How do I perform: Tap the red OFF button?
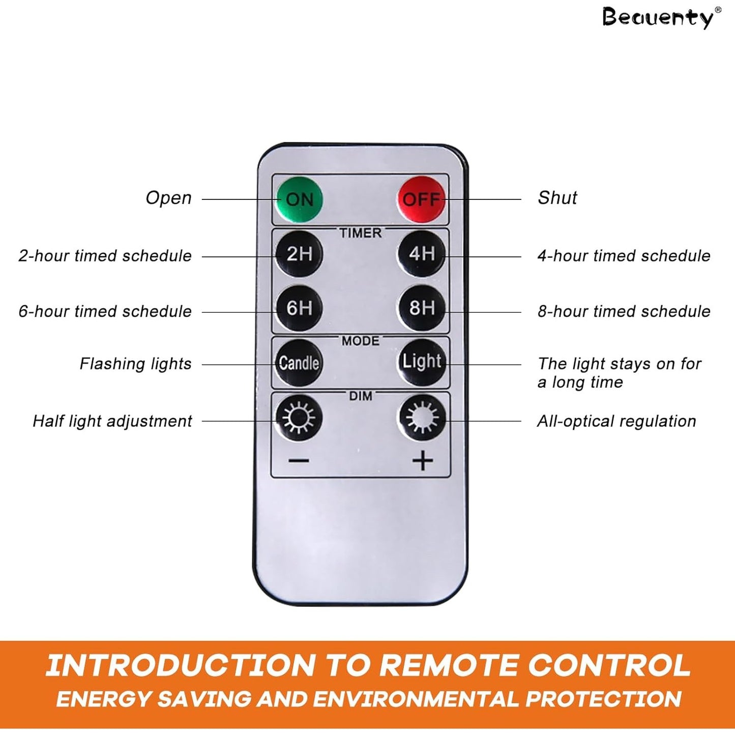422,199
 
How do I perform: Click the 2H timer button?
300,254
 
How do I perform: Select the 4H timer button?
422,254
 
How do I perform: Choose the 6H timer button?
300,308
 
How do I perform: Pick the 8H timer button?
422,308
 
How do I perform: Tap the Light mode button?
422,362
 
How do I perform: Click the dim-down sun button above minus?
300,418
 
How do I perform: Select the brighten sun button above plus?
422,418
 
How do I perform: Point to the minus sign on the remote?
299,461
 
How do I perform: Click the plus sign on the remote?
423,461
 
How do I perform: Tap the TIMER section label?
361,233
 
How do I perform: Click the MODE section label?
361,341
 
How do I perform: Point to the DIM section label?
361,396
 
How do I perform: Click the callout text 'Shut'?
557,198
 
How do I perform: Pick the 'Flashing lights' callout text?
135,364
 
